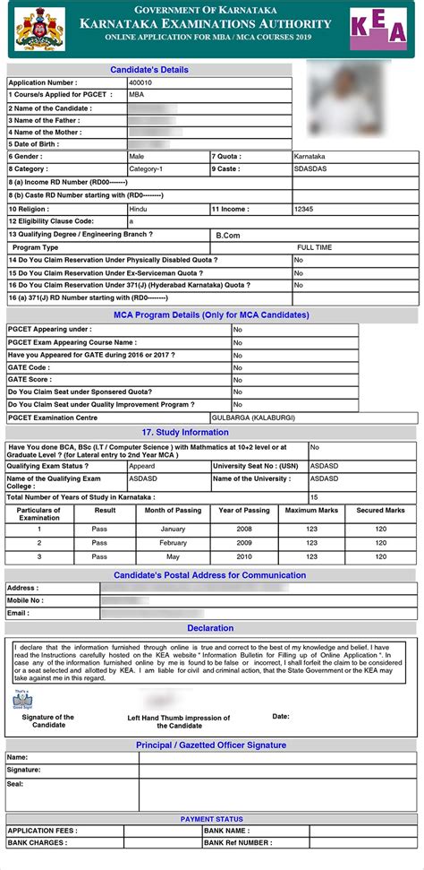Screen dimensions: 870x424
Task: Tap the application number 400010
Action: click(141, 82)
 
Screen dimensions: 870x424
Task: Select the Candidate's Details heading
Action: click(149, 69)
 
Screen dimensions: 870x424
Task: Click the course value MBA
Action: click(137, 93)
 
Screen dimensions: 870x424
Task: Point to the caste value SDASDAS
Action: click(311, 168)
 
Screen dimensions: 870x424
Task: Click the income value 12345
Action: click(305, 208)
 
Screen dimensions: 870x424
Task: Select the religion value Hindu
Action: click(139, 208)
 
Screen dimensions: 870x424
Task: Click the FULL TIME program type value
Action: click(315, 247)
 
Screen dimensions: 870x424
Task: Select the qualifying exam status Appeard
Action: click(142, 466)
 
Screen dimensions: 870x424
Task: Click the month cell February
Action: click(174, 542)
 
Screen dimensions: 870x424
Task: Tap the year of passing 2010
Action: click(244, 556)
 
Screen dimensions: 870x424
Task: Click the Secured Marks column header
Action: click(381, 510)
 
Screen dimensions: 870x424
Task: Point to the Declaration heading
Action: click(210, 628)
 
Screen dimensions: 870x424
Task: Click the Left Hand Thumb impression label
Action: click(179, 722)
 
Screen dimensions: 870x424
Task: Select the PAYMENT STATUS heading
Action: click(211, 819)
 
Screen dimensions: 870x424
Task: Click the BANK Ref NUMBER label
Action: click(238, 842)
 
